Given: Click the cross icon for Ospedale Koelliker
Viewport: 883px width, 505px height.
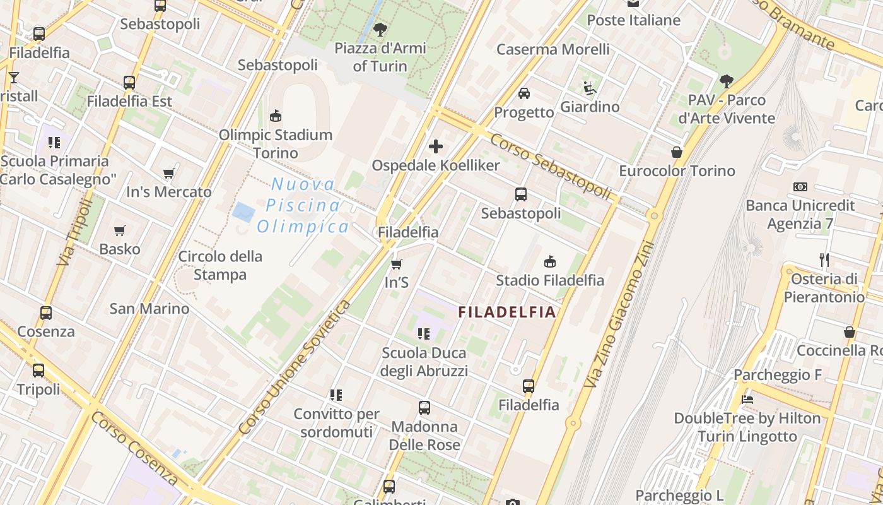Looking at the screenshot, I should (x=435, y=147).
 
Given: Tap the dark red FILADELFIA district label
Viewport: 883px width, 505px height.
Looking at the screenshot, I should (x=507, y=312).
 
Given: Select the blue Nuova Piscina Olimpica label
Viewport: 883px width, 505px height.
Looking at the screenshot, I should (x=303, y=206).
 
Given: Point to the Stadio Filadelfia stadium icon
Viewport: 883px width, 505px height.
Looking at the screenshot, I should (x=550, y=261).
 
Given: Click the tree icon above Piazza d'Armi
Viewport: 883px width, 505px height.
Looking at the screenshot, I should (x=380, y=29).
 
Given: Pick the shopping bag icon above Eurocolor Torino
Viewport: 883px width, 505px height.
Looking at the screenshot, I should (x=677, y=152).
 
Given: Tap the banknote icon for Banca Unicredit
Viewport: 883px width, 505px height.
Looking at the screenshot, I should (x=800, y=187).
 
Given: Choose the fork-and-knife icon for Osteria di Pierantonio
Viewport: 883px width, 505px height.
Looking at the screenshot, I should (x=824, y=260).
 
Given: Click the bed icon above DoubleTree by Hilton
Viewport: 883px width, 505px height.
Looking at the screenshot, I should (x=747, y=400).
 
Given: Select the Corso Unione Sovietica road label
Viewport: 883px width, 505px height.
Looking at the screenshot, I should (x=295, y=368).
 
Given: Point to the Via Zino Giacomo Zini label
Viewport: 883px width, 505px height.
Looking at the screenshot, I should (x=620, y=314).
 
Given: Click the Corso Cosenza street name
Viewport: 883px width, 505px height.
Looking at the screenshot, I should (x=134, y=453).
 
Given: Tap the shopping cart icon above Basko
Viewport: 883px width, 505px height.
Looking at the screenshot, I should (x=120, y=230).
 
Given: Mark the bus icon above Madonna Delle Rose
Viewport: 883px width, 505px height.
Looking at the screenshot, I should (x=424, y=408).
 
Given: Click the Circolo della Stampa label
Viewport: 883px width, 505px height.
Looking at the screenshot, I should (x=220, y=266).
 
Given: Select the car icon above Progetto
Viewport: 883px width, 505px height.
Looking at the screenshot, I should (x=523, y=93).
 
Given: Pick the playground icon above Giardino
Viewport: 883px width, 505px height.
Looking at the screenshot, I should (x=590, y=88).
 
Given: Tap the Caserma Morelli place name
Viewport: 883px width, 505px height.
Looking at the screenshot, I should (x=553, y=49).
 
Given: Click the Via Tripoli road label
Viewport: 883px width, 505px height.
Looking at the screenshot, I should (x=75, y=230).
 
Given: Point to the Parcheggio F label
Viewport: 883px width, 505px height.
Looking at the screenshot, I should (x=778, y=375).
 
